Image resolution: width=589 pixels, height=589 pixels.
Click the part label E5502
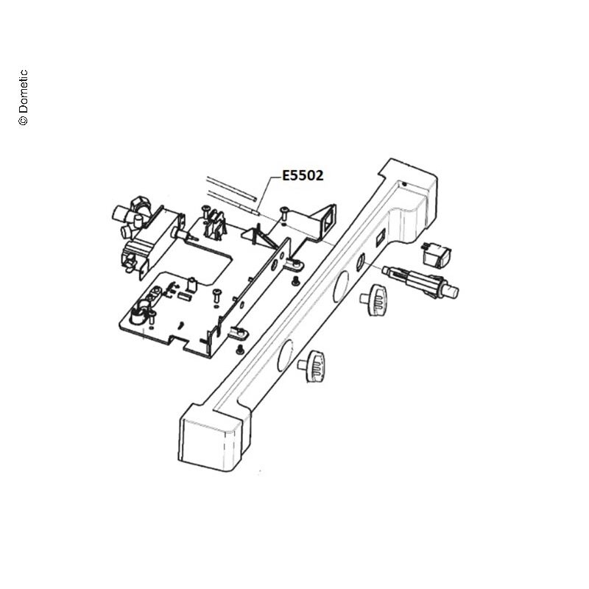pos(303,175)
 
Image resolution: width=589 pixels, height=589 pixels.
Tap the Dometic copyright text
pos(24,97)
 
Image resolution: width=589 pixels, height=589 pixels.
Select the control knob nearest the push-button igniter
pos(374,300)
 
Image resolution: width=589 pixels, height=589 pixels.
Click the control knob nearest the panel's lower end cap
pos(312,366)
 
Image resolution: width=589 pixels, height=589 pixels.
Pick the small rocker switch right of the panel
pos(436,255)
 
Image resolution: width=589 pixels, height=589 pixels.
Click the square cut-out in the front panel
pos(380,239)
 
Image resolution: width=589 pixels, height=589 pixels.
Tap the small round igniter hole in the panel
pos(360,261)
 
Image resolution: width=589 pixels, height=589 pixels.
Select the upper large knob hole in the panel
pos(341,286)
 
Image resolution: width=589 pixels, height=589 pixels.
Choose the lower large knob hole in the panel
pos(285,356)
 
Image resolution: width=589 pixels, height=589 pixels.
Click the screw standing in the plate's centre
pos(216,295)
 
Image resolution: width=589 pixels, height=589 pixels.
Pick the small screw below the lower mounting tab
pos(239,350)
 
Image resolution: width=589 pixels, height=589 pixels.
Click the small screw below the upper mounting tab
pos(296,281)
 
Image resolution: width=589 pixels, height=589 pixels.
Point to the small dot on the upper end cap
pos(403,185)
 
